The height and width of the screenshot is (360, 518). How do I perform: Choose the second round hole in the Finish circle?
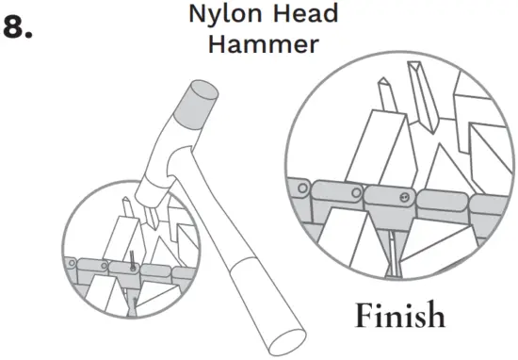(348, 194)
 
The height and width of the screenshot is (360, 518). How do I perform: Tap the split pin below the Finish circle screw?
(390, 250)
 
